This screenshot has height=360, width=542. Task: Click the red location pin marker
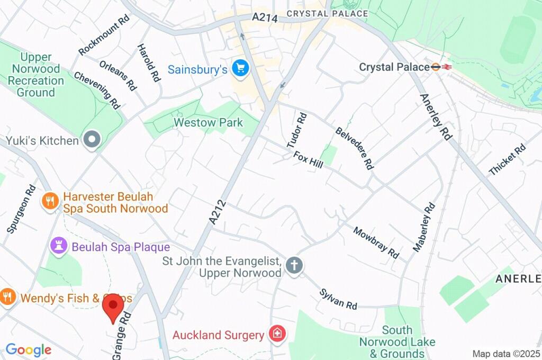tap(113, 308)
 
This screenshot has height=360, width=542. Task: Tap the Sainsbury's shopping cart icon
tap(240, 69)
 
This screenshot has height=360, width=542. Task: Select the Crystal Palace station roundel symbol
tap(435, 67)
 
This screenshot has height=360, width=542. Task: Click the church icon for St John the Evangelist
tap(294, 266)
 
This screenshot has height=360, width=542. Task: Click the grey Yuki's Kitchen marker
tap(92, 140)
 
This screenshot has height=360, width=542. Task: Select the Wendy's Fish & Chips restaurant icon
tap(7, 297)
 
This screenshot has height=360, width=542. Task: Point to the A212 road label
tap(218, 211)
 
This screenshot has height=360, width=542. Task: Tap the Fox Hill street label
tap(308, 160)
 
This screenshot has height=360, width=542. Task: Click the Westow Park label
tap(209, 123)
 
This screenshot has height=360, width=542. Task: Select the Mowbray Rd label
tap(376, 242)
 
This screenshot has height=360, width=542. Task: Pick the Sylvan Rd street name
tap(338, 299)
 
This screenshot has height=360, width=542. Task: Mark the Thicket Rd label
tap(507, 159)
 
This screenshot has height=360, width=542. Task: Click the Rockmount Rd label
tap(104, 35)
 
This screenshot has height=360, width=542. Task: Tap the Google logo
tap(28, 350)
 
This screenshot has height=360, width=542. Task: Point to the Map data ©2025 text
tap(505, 354)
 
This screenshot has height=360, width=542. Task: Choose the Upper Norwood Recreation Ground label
tap(36, 75)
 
